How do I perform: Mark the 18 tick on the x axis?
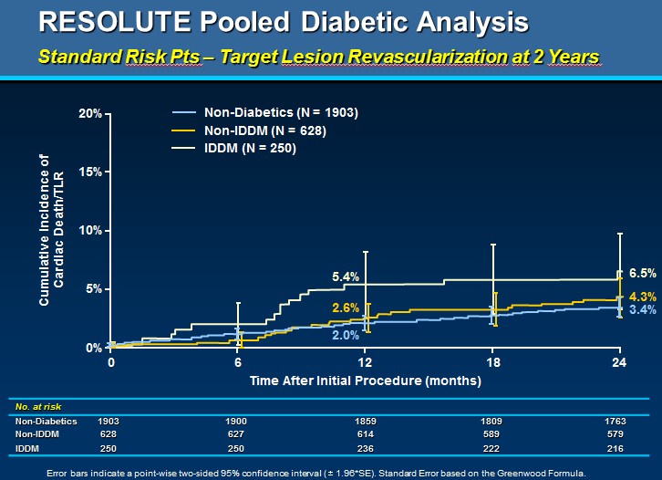492,362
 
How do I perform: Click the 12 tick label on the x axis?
365,362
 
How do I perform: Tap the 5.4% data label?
346,277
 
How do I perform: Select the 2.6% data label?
346,308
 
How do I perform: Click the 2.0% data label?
346,336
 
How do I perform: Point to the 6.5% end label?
643,273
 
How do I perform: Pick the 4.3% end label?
643,296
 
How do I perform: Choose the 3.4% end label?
643,310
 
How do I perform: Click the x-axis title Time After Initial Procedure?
365,379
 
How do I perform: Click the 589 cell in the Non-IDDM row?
492,435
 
